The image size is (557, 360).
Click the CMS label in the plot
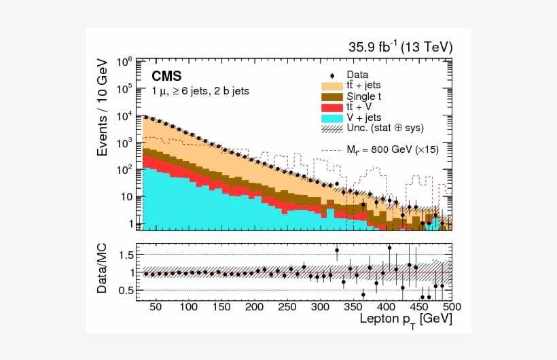pyautogui.click(x=166, y=75)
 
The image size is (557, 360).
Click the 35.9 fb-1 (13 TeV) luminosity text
pyautogui.click(x=400, y=47)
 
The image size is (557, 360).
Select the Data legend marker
pyautogui.click(x=331, y=75)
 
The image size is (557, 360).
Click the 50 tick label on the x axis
pyautogui.click(x=156, y=307)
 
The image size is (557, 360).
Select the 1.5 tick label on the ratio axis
pyautogui.click(x=125, y=255)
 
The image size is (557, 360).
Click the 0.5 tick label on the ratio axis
pyautogui.click(x=125, y=291)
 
